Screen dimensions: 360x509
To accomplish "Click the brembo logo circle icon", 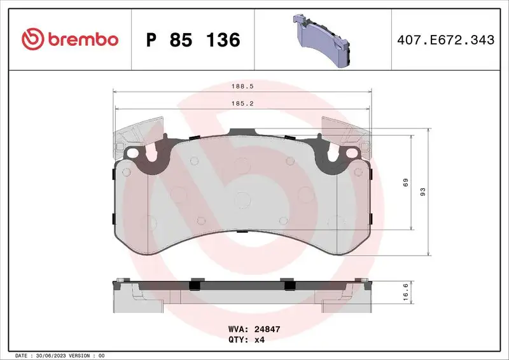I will (31, 39).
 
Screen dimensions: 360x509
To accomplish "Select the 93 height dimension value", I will (422, 191).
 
